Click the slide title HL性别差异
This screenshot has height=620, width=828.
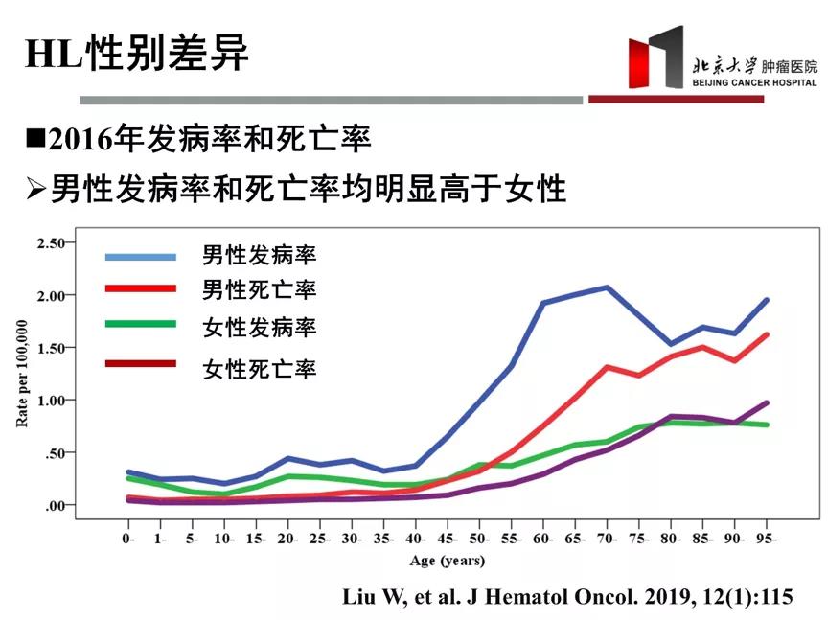(137, 55)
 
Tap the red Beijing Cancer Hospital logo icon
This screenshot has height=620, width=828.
(655, 60)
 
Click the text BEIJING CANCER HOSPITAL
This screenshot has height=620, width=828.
(755, 83)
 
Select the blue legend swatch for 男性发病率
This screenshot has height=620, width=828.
(141, 256)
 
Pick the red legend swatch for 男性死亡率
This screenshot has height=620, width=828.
(141, 288)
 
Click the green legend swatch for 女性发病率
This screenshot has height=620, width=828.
(141, 324)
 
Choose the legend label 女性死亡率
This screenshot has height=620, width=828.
(259, 368)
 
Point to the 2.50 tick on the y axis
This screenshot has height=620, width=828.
(50, 243)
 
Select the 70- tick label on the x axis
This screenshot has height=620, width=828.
(608, 540)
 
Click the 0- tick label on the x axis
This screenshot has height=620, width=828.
(128, 540)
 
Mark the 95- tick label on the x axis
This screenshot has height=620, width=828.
(767, 540)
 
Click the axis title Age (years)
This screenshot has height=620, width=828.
(448, 561)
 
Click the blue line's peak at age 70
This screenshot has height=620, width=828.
(608, 287)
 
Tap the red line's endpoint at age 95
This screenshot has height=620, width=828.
(767, 334)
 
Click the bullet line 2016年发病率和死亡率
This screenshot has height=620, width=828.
(198, 140)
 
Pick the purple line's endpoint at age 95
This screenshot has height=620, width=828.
(767, 402)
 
